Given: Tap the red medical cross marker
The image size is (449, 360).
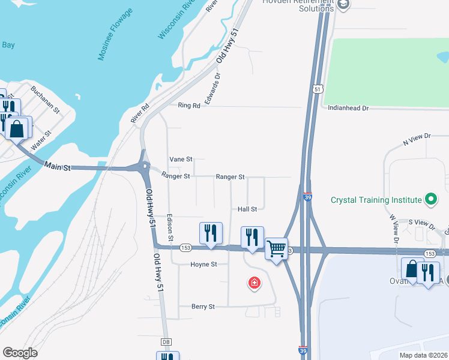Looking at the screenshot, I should [255, 282].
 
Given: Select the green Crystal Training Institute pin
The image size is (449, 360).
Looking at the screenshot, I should [430, 199].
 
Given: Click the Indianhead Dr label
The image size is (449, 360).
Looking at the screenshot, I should [348, 108].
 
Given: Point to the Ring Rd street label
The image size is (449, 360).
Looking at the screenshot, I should [188, 106].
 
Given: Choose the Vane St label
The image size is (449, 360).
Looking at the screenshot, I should [181, 160].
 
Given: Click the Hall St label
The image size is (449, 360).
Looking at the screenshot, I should [247, 209].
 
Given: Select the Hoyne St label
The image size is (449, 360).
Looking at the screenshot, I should [203, 265].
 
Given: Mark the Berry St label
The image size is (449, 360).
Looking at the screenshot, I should [203, 307].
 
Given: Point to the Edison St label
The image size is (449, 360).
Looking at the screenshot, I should [170, 228].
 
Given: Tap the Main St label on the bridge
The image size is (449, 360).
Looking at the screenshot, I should [58, 167].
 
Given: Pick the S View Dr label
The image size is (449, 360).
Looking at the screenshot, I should [421, 223].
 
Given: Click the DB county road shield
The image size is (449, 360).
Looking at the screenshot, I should [166, 342].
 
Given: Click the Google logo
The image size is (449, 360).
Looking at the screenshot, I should [20, 353].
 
